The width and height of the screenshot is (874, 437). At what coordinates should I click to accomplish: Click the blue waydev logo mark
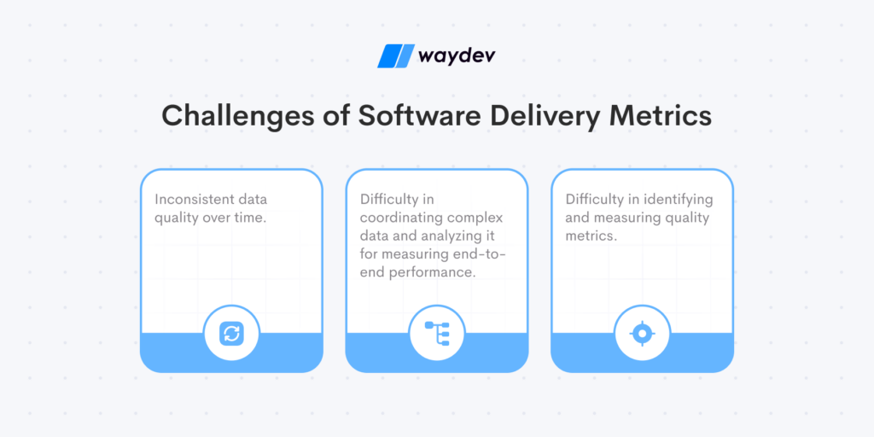pos(396,55)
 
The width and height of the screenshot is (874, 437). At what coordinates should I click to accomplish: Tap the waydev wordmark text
pos(457,56)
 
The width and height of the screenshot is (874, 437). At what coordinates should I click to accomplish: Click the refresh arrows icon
pos(231,334)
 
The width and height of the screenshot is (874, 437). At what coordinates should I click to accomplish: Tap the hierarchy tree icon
pos(437,334)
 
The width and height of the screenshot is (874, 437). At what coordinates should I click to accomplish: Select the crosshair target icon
pos(642,334)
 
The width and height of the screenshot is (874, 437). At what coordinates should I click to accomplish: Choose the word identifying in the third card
pos(679,200)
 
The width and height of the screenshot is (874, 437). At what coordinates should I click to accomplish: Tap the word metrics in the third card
pos(591,236)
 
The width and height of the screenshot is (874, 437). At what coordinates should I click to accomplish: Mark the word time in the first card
pos(249,218)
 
